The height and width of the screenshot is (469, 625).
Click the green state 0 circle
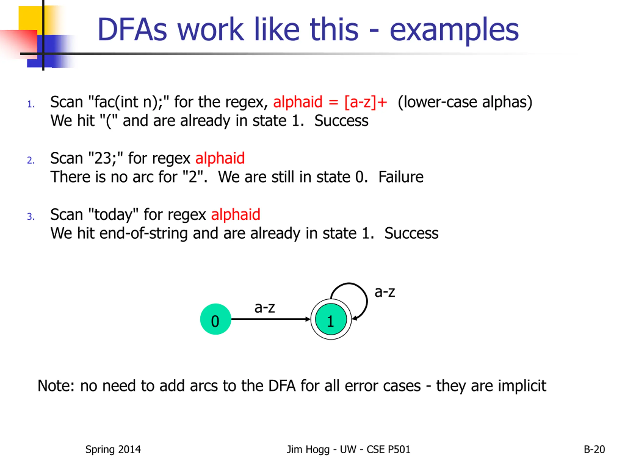click(215, 319)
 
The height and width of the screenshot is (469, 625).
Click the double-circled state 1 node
click(331, 319)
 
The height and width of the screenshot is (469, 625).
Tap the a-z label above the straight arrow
click(264, 308)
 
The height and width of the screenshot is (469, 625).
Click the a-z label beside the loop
click(385, 292)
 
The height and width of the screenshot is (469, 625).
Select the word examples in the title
click(454, 31)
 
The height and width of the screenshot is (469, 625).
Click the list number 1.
click(31, 104)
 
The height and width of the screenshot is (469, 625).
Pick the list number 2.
click(31, 160)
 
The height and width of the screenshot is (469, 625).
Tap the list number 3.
click(31, 217)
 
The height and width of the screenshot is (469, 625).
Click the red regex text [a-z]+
click(365, 102)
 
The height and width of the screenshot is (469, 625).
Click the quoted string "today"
click(113, 214)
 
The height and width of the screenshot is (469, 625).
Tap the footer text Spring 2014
click(113, 449)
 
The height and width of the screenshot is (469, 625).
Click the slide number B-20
click(594, 449)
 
